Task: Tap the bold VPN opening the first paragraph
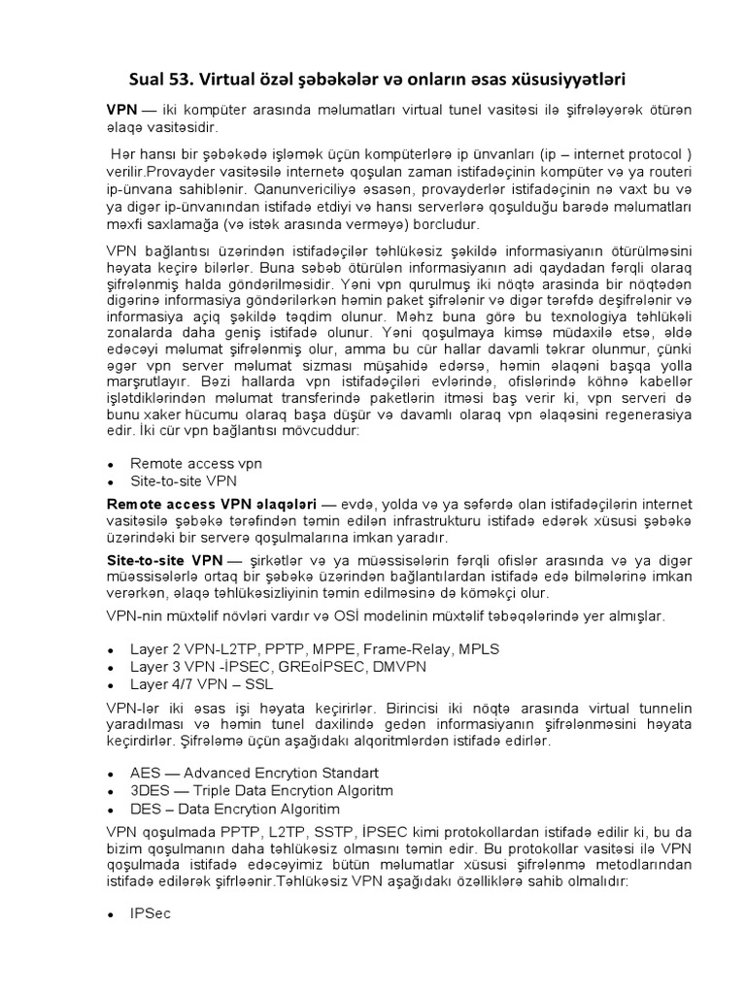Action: tap(121, 110)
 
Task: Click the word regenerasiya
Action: tap(647, 413)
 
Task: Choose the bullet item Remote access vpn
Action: tap(196, 464)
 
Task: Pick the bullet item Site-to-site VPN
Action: tap(184, 480)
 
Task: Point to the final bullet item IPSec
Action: tap(151, 913)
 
